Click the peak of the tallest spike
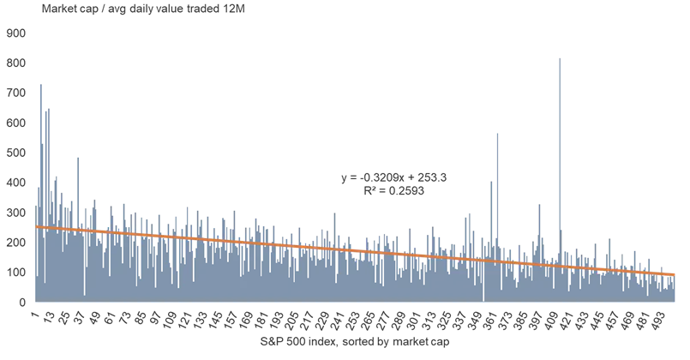coord(559,57)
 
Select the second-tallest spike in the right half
coord(497,133)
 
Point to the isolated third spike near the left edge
coord(79,153)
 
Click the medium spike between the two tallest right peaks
coord(538,202)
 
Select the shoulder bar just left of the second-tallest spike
coord(490,181)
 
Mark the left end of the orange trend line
coord(36,226)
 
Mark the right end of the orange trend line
coord(676,274)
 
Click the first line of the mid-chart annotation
coord(393,178)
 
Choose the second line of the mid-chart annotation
coord(393,192)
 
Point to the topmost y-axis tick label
coord(17,33)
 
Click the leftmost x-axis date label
coord(43,319)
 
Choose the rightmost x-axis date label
coord(651,319)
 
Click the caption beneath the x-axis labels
coord(356,345)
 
